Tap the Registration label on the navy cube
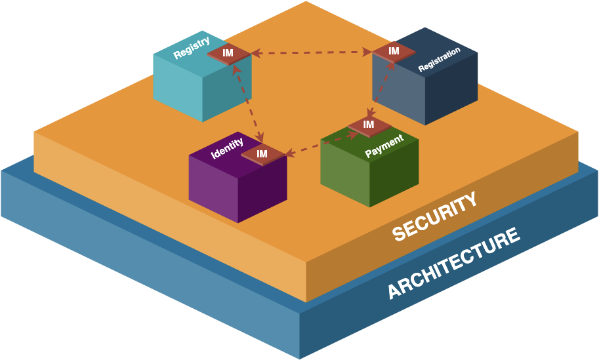tap(439, 59)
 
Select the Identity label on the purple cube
tap(227, 149)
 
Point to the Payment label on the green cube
tap(384, 146)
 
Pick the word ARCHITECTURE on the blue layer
tap(454, 262)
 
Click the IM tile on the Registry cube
tap(228, 53)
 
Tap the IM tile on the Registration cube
tap(394, 51)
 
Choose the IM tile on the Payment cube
tap(369, 125)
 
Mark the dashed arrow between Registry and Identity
tap(247, 102)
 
